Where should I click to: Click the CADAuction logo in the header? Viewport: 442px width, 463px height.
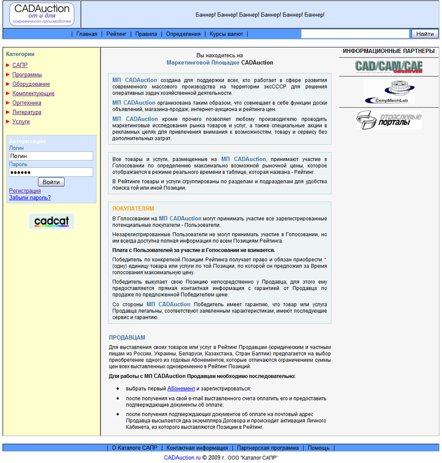click(41, 14)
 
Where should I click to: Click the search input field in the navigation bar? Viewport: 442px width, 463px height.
click(355, 34)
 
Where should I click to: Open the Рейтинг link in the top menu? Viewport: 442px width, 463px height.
click(116, 34)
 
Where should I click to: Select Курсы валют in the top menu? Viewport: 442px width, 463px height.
click(226, 34)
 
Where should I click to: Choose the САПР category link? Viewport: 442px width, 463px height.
click(20, 65)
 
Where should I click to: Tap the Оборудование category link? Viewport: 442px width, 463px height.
click(31, 84)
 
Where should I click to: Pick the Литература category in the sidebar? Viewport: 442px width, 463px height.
click(27, 112)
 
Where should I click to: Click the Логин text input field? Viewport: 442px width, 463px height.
click(51, 156)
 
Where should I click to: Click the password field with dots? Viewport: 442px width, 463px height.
click(51, 172)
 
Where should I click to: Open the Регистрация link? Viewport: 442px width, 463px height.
click(25, 191)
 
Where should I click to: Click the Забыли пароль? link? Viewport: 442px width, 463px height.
click(30, 197)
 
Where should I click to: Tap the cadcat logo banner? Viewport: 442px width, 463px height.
click(51, 222)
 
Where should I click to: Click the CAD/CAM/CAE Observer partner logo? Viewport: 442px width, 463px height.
click(388, 67)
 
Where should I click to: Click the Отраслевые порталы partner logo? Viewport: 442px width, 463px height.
click(388, 119)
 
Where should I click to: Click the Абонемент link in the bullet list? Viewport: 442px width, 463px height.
click(181, 388)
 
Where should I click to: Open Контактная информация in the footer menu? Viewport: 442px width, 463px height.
click(197, 448)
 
